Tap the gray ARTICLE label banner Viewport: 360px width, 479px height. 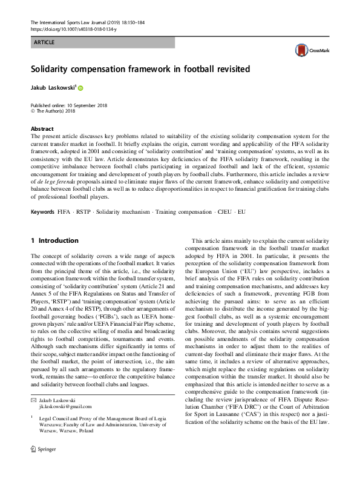pos(102,42)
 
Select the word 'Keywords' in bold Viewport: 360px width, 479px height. pos(44,212)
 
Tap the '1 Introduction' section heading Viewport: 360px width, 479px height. pos(54,240)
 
